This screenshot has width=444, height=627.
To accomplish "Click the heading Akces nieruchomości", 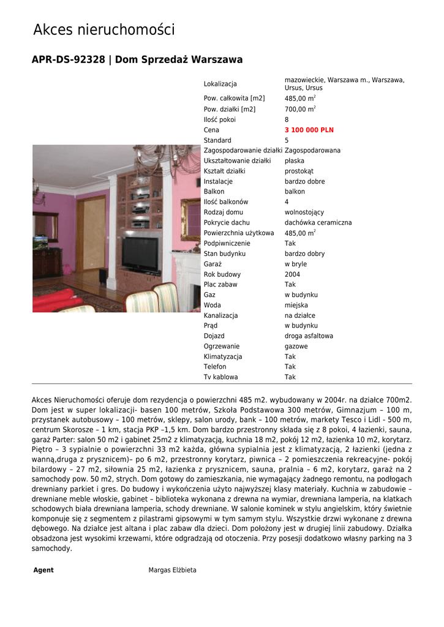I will pos(103,29).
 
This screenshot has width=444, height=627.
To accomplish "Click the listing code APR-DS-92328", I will pos(68,60).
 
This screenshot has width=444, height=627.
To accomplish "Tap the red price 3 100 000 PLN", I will pos(309,130).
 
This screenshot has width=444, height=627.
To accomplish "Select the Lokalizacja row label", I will pos(220,84).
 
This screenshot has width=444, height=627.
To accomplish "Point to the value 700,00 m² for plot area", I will pos(300,109).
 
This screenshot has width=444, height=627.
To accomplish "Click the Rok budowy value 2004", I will pos(292,274).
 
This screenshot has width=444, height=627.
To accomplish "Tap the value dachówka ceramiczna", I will pos(318,223).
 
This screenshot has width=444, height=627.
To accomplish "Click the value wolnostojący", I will pos(304,212).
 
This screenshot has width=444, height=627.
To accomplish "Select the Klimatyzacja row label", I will pos(223,356).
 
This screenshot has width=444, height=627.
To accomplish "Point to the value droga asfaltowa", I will pos(309,336).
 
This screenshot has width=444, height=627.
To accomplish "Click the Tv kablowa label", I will pos(220,377).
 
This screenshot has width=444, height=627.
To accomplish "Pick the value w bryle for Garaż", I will pos(296,264).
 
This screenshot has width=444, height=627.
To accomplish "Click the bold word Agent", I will pos(43,570).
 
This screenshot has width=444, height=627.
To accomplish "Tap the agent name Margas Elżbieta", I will pos(172,570).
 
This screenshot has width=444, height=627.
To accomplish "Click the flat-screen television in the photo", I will pos(140,253).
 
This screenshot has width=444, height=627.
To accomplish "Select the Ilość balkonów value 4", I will pos(287,202).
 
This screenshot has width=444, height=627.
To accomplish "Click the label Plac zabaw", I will pos(220,285).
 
